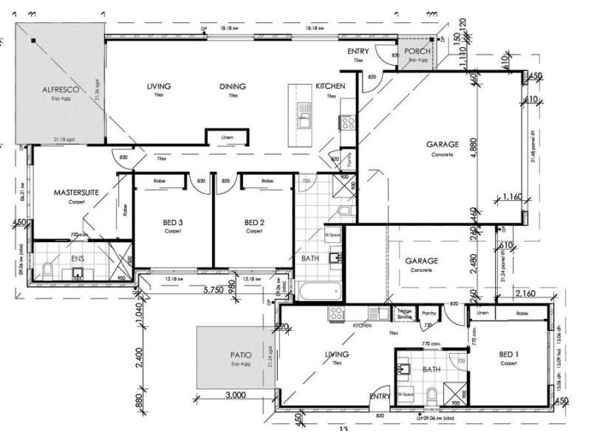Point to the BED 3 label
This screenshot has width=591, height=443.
[173, 222]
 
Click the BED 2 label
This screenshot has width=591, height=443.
[254, 222]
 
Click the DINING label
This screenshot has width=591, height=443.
[232, 86]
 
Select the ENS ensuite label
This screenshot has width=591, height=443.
[78, 260]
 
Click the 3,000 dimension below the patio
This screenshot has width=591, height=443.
[234, 395]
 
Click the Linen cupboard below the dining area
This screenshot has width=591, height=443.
[227, 137]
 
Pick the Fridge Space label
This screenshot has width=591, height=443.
[404, 314]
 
